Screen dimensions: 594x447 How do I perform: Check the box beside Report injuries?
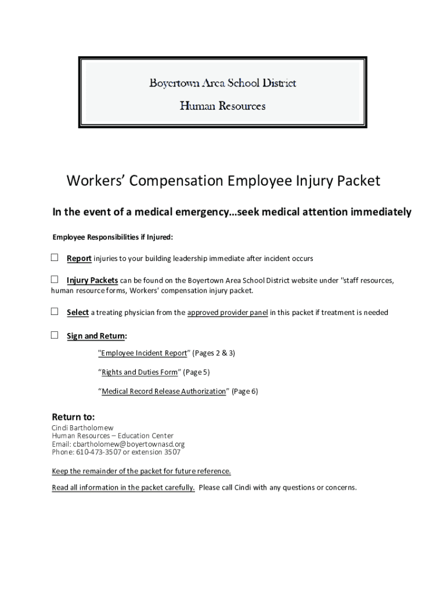(x=55, y=258)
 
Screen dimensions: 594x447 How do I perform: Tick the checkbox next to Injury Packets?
(x=55, y=280)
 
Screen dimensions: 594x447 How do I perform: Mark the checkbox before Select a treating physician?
(x=55, y=312)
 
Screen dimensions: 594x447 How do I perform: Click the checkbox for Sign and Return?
(x=55, y=335)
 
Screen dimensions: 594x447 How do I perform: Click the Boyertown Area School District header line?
(x=223, y=83)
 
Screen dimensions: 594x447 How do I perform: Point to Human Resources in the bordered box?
(x=223, y=106)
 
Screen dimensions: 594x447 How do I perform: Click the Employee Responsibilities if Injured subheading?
(x=113, y=237)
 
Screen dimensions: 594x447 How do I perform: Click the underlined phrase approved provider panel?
(x=228, y=313)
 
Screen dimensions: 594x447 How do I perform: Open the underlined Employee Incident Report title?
(x=143, y=353)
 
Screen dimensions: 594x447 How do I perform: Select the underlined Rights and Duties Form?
(x=139, y=372)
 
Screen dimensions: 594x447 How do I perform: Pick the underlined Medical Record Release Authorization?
(x=164, y=392)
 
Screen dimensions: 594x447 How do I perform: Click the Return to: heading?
(x=73, y=417)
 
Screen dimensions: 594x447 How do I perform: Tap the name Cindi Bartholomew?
(x=83, y=428)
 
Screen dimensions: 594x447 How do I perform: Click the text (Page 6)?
(x=244, y=392)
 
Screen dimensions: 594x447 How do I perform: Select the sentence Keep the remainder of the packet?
(x=141, y=471)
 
